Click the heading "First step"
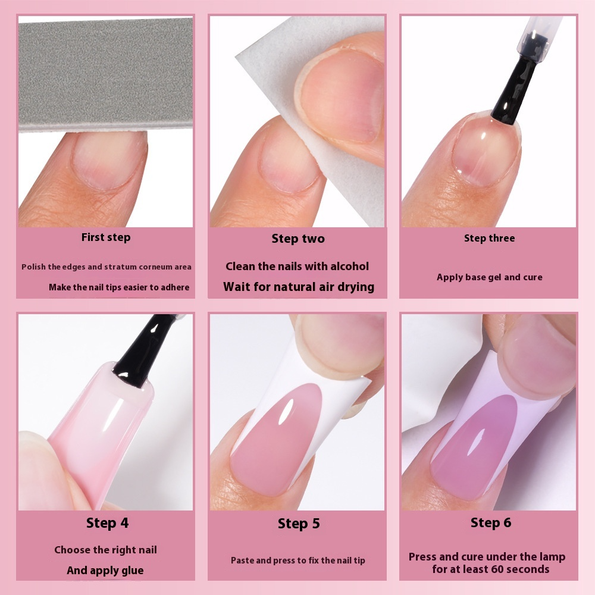tap(106, 237)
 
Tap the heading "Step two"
tap(298, 239)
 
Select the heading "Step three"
tap(490, 239)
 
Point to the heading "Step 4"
tap(107, 523)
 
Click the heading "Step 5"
tap(299, 524)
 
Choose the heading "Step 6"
tap(491, 522)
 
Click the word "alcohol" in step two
tap(349, 267)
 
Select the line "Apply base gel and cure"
tap(490, 277)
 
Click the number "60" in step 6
tap(497, 569)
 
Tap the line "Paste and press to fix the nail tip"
tap(298, 560)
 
